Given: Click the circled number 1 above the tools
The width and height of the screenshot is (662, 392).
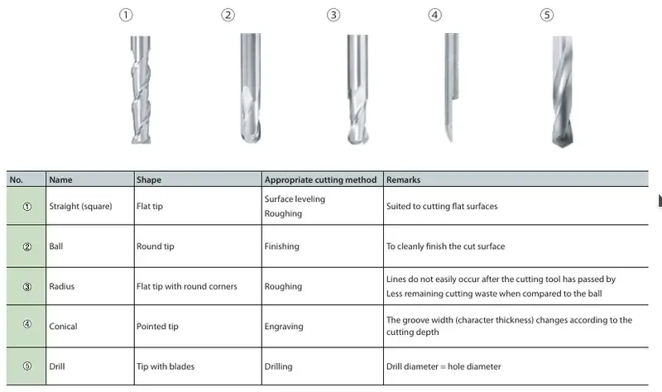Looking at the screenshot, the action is [x=126, y=15].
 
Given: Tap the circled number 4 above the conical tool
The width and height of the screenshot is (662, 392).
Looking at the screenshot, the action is [x=435, y=15].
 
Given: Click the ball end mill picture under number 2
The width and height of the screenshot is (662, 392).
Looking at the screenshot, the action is [x=251, y=88].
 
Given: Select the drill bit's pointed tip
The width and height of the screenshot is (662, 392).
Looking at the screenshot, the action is [x=563, y=146].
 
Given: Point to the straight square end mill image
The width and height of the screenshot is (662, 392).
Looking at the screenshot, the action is [x=141, y=90].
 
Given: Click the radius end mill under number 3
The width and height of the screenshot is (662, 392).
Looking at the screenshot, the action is [x=357, y=89].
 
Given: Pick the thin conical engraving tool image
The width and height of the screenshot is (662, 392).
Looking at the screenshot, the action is [x=451, y=88].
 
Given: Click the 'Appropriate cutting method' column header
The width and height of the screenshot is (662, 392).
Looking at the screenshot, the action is [x=320, y=179].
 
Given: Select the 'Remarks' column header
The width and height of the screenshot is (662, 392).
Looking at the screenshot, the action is [x=403, y=179].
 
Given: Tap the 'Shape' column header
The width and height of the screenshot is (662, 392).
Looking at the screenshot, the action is [x=149, y=179].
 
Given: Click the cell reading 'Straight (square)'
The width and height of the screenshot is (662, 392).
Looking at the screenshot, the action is [x=80, y=207].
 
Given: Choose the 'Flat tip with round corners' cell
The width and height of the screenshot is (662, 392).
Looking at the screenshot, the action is [x=187, y=286].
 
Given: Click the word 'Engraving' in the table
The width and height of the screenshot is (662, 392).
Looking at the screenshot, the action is [x=284, y=327].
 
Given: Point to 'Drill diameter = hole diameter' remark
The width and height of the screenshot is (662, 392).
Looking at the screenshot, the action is [x=444, y=366].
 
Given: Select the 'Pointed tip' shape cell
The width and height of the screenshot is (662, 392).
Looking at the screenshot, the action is [x=157, y=327].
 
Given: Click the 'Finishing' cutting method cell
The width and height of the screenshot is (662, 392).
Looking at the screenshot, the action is [x=281, y=246].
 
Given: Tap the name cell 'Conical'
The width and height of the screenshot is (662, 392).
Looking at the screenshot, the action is [x=63, y=326].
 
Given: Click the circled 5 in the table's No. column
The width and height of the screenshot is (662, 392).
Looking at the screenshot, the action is [x=27, y=366].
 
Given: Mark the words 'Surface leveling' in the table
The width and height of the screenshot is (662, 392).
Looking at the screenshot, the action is [x=295, y=199].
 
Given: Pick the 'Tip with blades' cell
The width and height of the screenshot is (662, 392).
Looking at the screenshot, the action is [x=165, y=366].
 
